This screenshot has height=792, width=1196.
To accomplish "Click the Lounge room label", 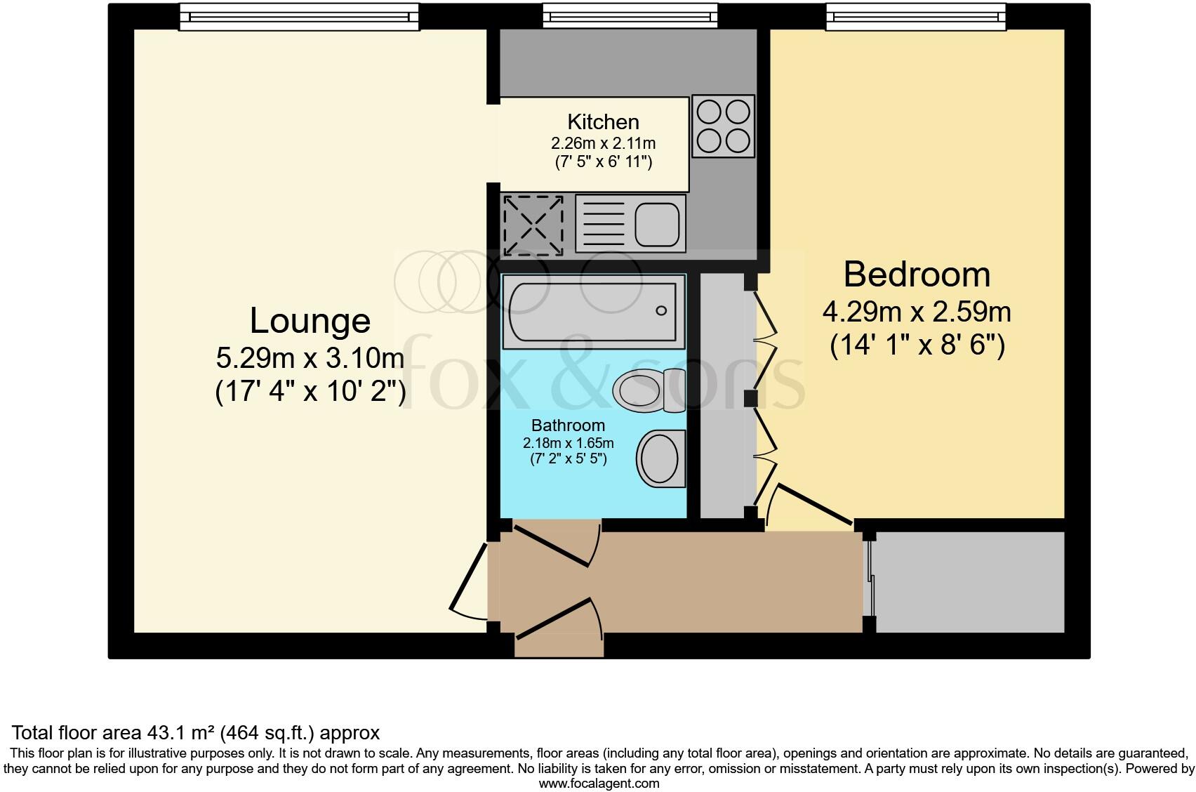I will [310, 321].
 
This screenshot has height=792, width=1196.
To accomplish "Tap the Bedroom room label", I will [917, 274].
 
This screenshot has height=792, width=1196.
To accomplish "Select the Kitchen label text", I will [603, 121].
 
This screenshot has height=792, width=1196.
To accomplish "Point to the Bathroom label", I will [568, 425].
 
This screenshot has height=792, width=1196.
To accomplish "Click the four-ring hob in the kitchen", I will [723, 126].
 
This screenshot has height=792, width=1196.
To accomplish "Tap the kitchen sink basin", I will [658, 223].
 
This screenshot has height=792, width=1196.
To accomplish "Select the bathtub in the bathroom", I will [592, 310].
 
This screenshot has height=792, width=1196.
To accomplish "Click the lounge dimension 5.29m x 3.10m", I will [310, 359].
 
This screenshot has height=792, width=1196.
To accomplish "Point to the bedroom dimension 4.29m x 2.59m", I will [917, 311].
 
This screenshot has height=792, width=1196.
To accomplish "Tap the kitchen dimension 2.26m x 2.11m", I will [603, 143].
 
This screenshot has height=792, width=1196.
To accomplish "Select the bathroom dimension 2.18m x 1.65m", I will [568, 443].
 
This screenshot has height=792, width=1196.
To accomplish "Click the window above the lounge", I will [299, 17].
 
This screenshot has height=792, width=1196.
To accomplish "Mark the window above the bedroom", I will [915, 17].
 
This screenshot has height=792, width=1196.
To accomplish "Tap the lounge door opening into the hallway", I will [469, 581].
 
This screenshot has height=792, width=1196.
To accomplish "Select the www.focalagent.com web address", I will [598, 784].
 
